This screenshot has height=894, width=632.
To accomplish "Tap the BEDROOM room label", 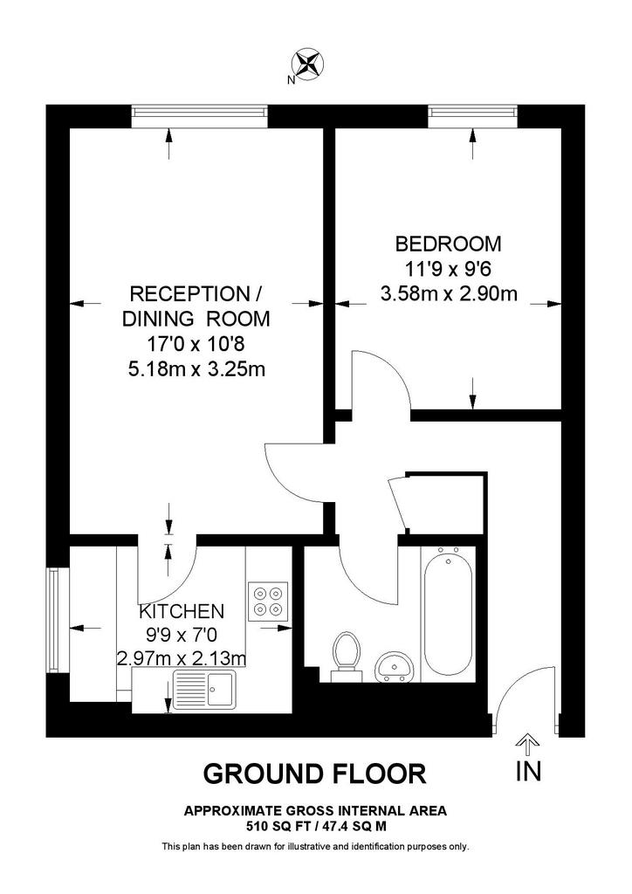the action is click(x=449, y=244).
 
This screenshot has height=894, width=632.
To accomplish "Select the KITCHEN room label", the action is click(x=182, y=611).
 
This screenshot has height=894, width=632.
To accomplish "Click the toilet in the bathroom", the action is click(x=346, y=657).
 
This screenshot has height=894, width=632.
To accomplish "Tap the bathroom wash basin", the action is click(x=394, y=666).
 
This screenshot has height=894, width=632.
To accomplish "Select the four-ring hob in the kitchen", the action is click(x=268, y=602).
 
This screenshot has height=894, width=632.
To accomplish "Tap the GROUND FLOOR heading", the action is click(x=314, y=774).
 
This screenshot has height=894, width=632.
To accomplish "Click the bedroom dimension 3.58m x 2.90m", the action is click(x=449, y=293).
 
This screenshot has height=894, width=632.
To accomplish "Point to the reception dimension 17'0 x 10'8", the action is click(x=196, y=344).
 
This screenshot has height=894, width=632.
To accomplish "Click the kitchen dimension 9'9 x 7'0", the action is click(x=182, y=635).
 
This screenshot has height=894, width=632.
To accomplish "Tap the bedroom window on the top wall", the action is click(x=473, y=117).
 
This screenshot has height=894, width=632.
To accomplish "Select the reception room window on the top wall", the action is click(x=199, y=117).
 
